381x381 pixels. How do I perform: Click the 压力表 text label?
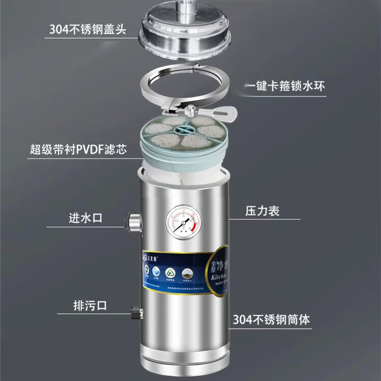click(x=263, y=211)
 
